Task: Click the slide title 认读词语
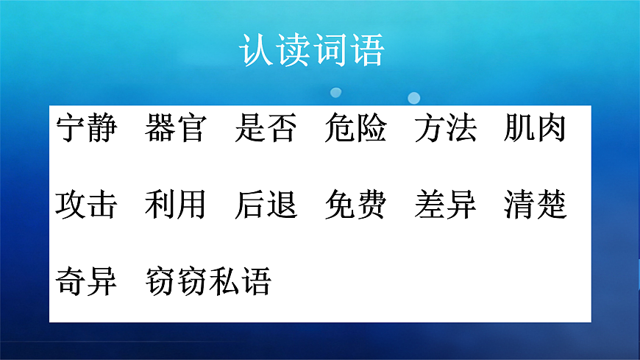pos(312,51)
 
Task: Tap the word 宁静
pos(87,129)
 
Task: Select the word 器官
pos(176,129)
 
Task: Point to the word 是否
pos(266,129)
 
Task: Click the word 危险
pos(355,129)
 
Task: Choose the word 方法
pos(445,129)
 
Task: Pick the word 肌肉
pos(535,129)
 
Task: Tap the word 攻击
pos(87,205)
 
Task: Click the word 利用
pos(176,205)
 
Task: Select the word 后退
pos(266,205)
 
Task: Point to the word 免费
pos(355,205)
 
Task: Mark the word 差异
pos(445,205)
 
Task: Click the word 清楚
pos(535,205)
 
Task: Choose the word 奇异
pos(87,281)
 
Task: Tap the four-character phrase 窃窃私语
pos(208,281)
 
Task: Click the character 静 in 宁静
pos(102,129)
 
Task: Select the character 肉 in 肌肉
pos(550,129)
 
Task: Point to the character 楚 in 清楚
pos(550,205)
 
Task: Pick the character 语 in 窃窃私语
pos(255,281)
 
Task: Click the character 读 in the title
pos(294,51)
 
